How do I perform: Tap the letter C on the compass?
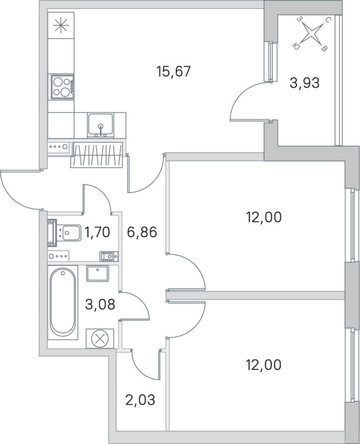pyautogui.click(x=328, y=21)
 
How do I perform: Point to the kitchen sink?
pyautogui.click(x=100, y=124)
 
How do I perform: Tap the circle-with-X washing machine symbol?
pyautogui.click(x=100, y=338)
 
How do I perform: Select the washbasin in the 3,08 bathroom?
pyautogui.click(x=100, y=274)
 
